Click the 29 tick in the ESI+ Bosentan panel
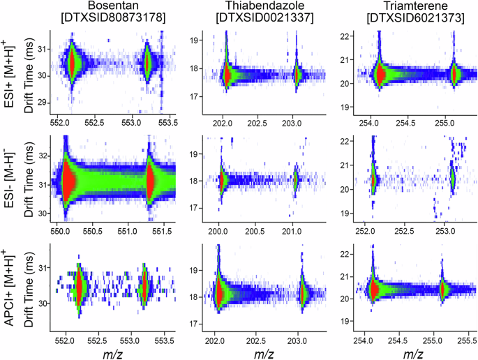(x=43, y=103)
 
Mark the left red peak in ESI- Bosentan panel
(x=68, y=180)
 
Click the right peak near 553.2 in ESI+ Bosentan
(x=147, y=62)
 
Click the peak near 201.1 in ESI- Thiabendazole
(x=296, y=179)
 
